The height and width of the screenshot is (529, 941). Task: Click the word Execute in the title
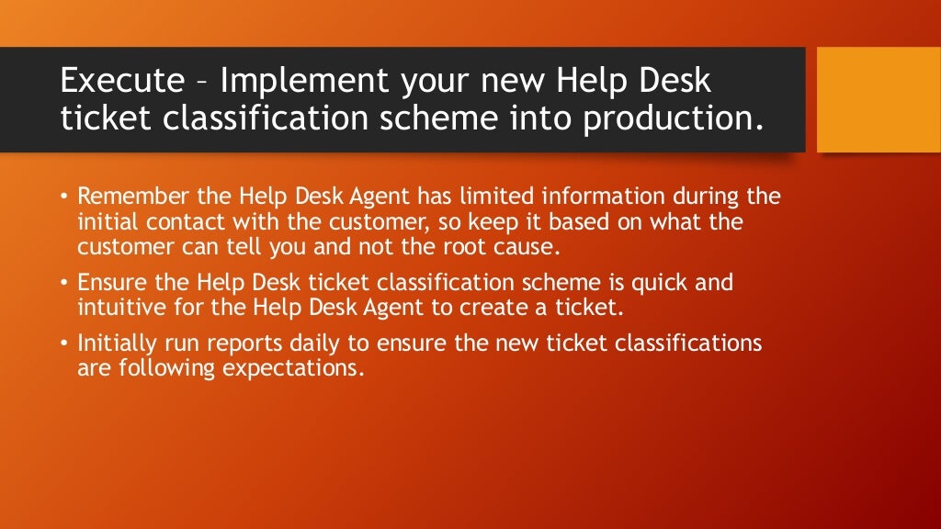point(122,81)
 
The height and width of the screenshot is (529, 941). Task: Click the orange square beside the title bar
point(879,100)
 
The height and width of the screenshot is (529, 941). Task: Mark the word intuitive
point(117,308)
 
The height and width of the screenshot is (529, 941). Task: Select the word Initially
point(117,343)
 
